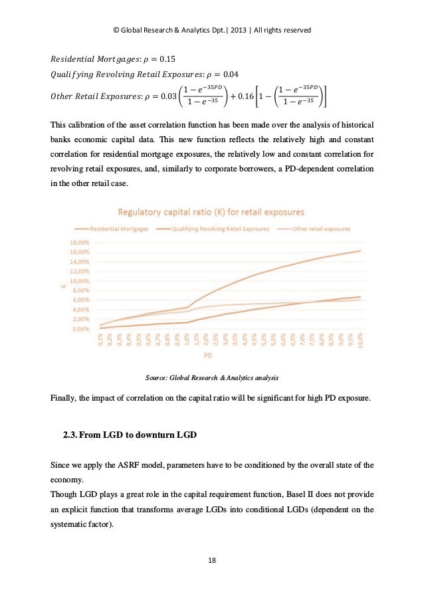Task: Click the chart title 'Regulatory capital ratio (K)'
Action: [x=212, y=213]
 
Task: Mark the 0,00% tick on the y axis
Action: [x=81, y=329]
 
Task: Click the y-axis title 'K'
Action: [x=62, y=286]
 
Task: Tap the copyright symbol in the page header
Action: [x=116, y=31]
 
